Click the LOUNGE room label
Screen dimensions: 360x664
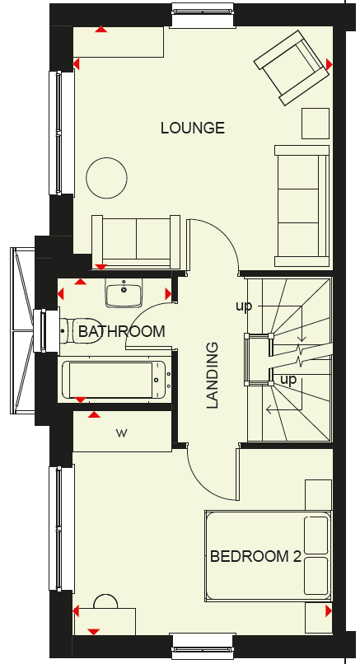192,128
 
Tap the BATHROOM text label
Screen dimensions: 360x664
122,331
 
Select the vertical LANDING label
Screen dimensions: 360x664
213,375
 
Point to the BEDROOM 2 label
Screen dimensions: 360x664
255,556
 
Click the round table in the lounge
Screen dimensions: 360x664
107,178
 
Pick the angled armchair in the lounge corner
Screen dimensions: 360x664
292,68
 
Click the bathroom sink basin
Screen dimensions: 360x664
124,292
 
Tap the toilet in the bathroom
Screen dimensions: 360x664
81,331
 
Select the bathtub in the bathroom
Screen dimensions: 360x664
116,379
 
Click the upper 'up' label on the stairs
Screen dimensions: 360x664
244,306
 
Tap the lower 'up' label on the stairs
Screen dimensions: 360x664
288,380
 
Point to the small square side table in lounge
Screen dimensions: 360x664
316,124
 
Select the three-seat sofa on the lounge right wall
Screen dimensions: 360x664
302,206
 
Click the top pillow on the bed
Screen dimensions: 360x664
316,535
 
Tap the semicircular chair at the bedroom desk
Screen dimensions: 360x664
105,601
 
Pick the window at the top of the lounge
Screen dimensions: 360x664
203,16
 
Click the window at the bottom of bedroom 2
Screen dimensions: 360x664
203,646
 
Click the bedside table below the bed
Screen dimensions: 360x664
319,618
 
